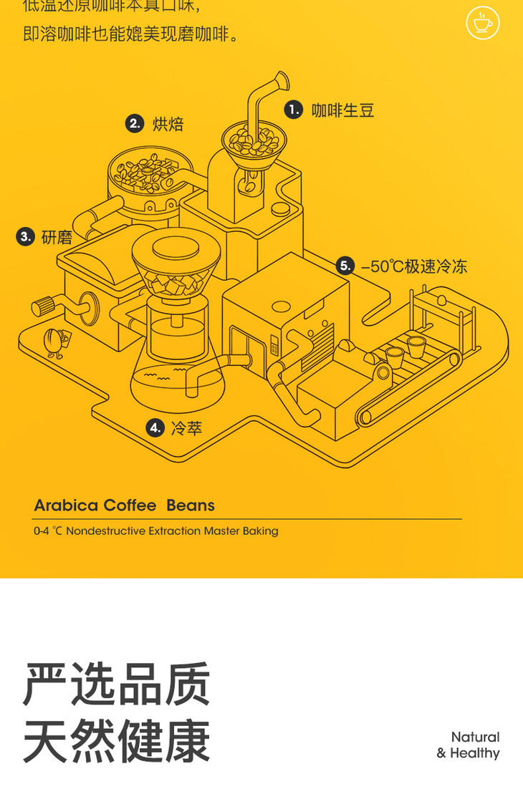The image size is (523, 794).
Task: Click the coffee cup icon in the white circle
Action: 483,23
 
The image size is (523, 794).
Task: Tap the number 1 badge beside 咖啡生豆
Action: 294,110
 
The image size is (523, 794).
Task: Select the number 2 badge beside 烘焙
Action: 135,124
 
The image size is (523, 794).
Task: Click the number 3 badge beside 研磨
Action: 26,237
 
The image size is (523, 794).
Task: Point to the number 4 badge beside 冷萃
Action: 155,428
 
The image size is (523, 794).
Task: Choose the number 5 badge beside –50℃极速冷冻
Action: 345,266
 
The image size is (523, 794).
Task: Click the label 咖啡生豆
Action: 342,110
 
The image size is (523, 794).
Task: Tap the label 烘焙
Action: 168,124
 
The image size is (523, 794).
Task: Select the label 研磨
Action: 57,237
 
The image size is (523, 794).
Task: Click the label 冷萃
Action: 186,428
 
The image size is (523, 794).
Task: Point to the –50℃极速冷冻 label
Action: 414,266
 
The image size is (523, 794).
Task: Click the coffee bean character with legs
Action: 54,342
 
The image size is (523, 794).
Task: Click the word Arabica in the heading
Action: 66,505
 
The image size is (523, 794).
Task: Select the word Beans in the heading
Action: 191,505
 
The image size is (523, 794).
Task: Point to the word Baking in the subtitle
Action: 259,531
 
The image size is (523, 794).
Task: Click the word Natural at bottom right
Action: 475,737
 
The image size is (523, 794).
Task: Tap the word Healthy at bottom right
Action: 474,753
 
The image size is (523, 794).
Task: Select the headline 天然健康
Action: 117,742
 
